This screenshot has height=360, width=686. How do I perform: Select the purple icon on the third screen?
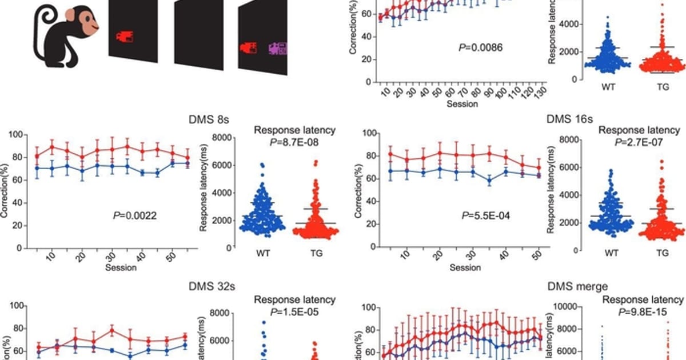(279, 50)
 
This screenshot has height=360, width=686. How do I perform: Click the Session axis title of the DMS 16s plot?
(464, 267)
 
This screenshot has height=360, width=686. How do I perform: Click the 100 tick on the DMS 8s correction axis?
(18, 135)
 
